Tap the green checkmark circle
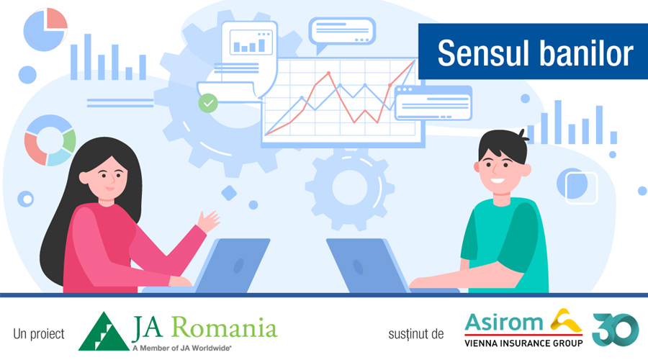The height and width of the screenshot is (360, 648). point(208,103)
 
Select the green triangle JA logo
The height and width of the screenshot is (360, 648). point(104,331)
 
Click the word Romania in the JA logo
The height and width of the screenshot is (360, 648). point(225,328)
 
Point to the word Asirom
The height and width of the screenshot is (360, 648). point(504,323)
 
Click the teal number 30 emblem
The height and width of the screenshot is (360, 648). point(616,330)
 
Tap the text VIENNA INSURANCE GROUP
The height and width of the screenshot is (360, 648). point(523,343)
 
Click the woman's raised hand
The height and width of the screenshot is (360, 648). point(208,222)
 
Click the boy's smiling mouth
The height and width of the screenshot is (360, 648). point(498,181)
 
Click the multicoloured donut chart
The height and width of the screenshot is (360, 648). point(50,140)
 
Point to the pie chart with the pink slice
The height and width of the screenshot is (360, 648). point(45,30)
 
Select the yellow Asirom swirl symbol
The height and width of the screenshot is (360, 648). point(566,320)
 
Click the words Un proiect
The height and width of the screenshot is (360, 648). point(39,334)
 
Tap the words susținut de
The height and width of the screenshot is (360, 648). point(415,334)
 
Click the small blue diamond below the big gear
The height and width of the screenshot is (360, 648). point(229,193)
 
